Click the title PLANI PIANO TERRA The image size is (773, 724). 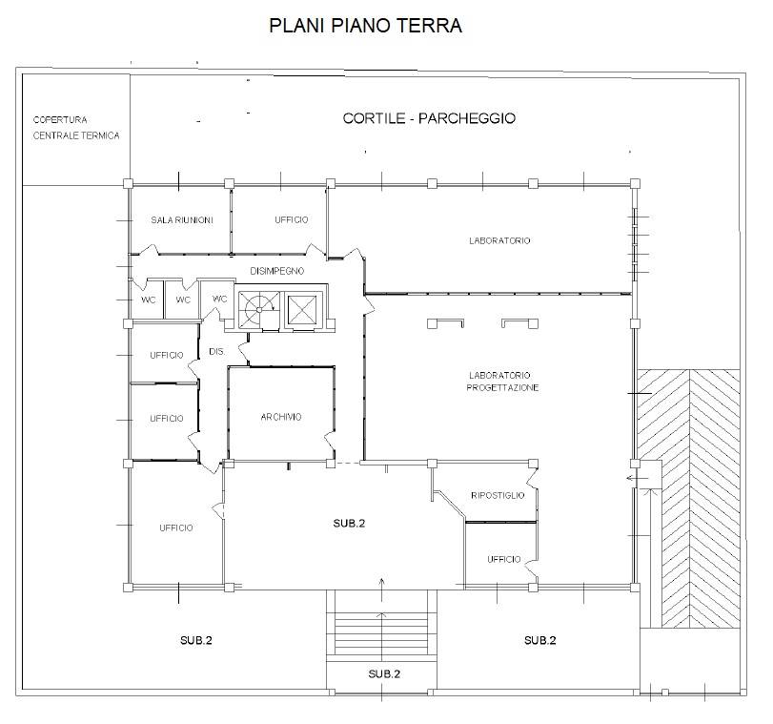point(366,26)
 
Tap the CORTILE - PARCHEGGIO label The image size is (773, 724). point(429,118)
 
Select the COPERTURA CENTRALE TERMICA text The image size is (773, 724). point(75,128)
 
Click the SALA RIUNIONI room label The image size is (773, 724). point(181,220)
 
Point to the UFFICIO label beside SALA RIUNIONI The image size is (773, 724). point(291,220)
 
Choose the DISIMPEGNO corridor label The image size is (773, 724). point(276,271)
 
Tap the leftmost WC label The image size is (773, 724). point(149,300)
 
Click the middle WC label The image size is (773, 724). point(184,300)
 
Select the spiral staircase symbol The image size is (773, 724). point(255,307)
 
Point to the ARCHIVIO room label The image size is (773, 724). point(281,417)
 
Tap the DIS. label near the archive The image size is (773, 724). point(215,353)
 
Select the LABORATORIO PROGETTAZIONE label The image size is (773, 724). point(502,382)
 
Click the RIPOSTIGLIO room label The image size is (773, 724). point(498,495)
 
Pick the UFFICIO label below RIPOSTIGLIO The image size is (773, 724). point(502,559)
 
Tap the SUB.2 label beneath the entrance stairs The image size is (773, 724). point(383,674)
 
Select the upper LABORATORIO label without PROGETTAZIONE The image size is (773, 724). point(499,240)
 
